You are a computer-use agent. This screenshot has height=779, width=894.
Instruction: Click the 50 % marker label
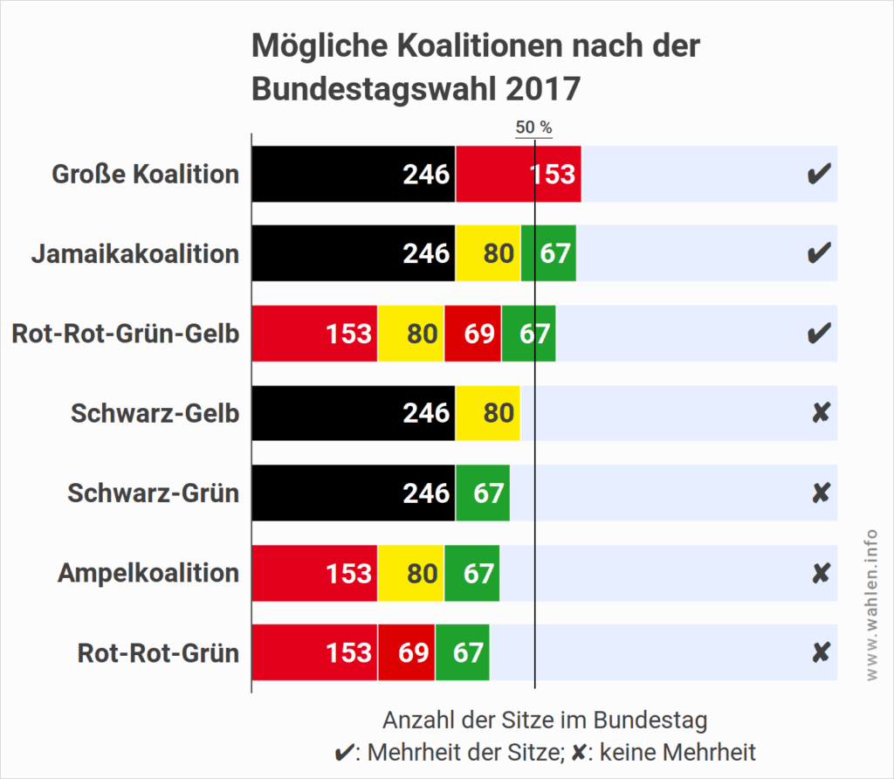click(533, 127)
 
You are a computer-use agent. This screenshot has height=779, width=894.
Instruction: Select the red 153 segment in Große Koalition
click(519, 174)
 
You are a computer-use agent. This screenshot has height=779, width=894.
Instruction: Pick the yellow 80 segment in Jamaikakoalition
click(488, 253)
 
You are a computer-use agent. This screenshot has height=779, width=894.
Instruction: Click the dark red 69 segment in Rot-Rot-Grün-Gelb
click(472, 334)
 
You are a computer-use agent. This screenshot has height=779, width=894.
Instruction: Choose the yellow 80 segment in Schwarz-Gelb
click(488, 413)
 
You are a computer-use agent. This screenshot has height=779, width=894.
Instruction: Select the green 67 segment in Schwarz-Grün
click(483, 493)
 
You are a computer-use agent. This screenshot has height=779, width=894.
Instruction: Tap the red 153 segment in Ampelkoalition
click(314, 573)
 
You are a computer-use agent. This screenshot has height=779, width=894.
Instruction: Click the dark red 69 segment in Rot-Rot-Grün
click(406, 652)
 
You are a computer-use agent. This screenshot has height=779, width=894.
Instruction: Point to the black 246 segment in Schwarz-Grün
click(354, 493)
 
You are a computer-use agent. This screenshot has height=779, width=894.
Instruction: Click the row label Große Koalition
click(145, 174)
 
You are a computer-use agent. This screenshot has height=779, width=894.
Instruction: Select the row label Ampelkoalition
click(148, 573)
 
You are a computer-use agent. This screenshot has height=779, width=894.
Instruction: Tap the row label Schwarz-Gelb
click(155, 413)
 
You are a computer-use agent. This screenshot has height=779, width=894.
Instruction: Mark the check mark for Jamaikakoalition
click(818, 254)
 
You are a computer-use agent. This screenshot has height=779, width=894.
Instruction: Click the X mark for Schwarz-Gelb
click(820, 414)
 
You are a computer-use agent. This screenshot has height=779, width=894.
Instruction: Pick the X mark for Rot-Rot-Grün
click(820, 653)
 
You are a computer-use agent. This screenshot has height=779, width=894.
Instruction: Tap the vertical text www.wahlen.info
click(872, 606)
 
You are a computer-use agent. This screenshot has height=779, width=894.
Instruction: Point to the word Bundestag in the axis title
click(650, 720)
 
